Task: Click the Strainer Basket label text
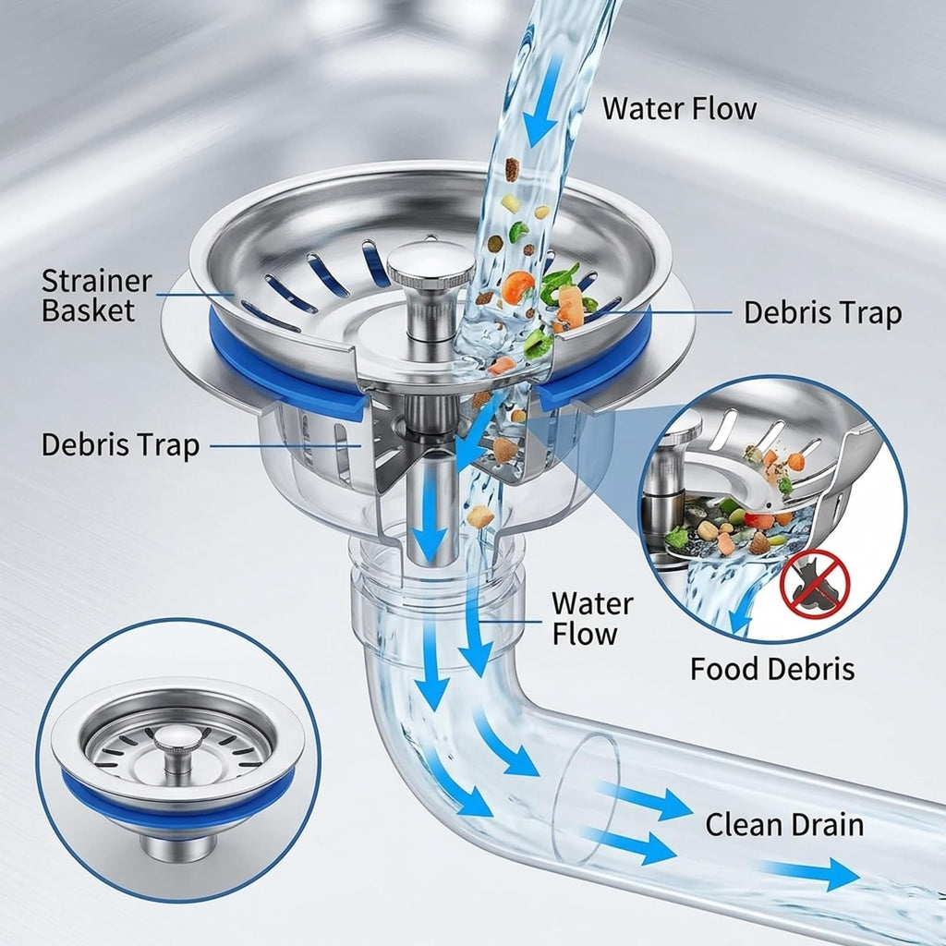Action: tap(96, 296)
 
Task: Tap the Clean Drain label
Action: tap(784, 824)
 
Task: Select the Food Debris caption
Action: tap(772, 669)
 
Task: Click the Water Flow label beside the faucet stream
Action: tap(679, 109)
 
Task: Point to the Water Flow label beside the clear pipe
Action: tap(592, 618)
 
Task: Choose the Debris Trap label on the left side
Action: tap(120, 445)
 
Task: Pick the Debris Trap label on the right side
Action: tap(822, 312)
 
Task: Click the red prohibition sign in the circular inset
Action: tap(815, 584)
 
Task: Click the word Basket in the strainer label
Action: tap(88, 310)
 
